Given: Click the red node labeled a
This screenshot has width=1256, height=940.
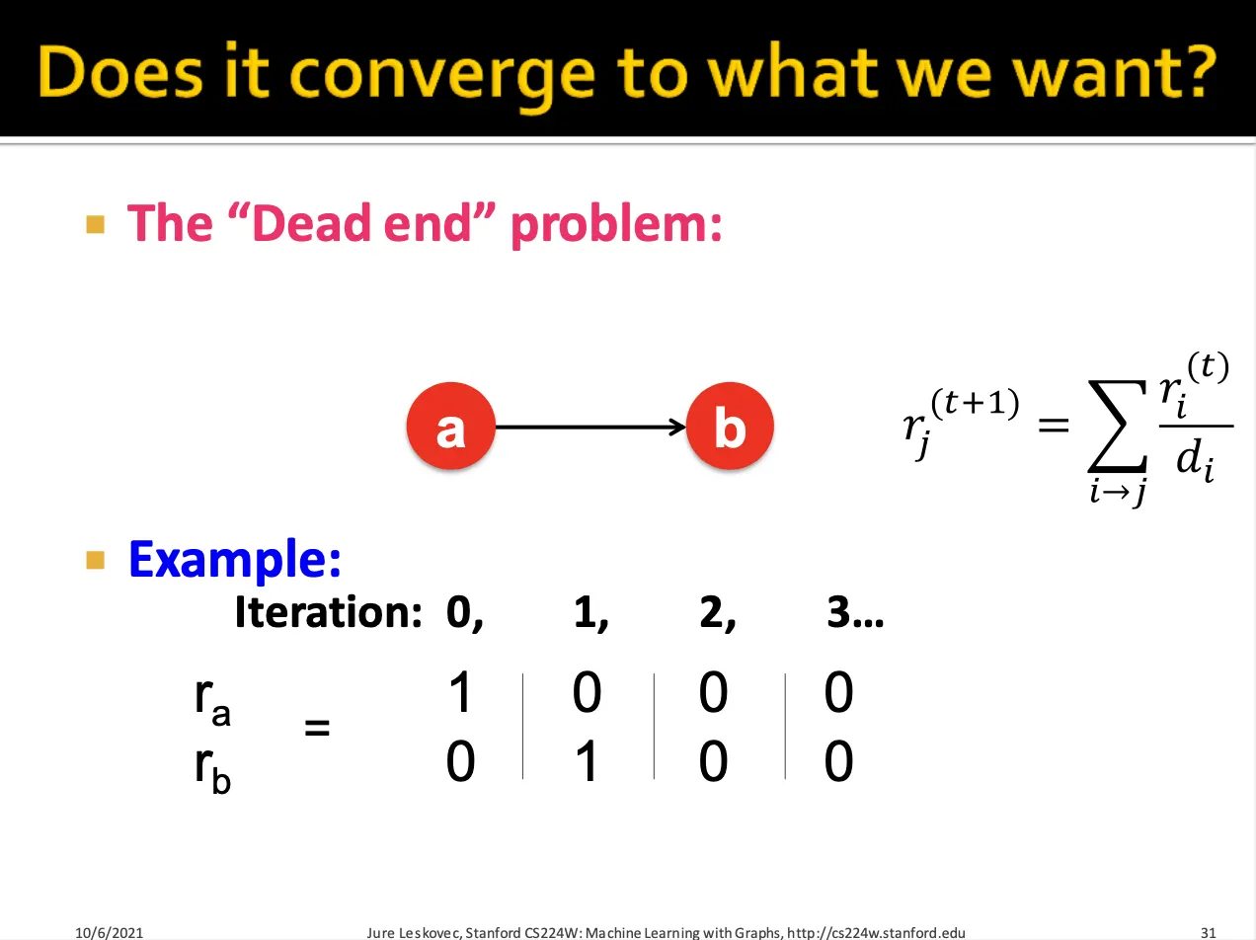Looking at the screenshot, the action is pos(450,426).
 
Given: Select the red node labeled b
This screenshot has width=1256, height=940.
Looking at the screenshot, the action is pos(730,426).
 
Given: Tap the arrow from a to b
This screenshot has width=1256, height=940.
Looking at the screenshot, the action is pos(589,427).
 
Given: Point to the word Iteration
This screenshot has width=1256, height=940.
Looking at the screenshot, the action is pos(328,612).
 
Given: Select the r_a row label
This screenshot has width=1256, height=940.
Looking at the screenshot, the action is pos(212,701).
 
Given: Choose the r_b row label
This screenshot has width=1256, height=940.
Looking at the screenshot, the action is pos(212,769).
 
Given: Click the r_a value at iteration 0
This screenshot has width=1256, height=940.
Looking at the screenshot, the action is pos(460,692).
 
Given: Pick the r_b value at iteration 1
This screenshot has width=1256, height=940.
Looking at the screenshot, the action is pos(588,761).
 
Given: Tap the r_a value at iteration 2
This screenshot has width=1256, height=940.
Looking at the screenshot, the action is pos(713,692).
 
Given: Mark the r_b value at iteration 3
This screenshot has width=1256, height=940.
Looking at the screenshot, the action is pos(839,761).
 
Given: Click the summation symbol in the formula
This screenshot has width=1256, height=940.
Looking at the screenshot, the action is pos(1118,424).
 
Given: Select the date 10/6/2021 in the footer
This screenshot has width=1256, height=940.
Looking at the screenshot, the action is pos(109,932).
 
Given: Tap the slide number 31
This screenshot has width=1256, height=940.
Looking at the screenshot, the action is pos(1208,932).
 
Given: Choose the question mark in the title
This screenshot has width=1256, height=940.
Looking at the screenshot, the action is pos(1198,70).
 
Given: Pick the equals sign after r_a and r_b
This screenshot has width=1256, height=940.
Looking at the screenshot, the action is pos(317,728).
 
